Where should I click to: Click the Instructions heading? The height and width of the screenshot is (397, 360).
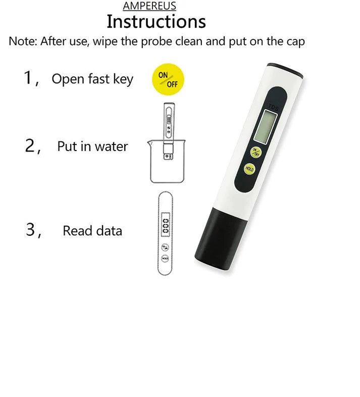click(x=157, y=22)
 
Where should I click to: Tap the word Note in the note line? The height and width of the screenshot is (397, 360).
click(x=23, y=41)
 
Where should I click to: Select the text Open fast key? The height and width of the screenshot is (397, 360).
click(x=92, y=79)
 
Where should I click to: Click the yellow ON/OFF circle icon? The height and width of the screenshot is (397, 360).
click(x=168, y=80)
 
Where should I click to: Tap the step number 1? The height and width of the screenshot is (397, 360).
click(x=29, y=78)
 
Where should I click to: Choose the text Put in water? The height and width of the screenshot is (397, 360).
click(x=92, y=146)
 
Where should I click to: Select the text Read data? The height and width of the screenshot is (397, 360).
click(x=92, y=231)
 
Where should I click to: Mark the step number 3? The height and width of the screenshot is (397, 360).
click(x=32, y=230)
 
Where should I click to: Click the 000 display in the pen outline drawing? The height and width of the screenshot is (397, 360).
click(x=165, y=224)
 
